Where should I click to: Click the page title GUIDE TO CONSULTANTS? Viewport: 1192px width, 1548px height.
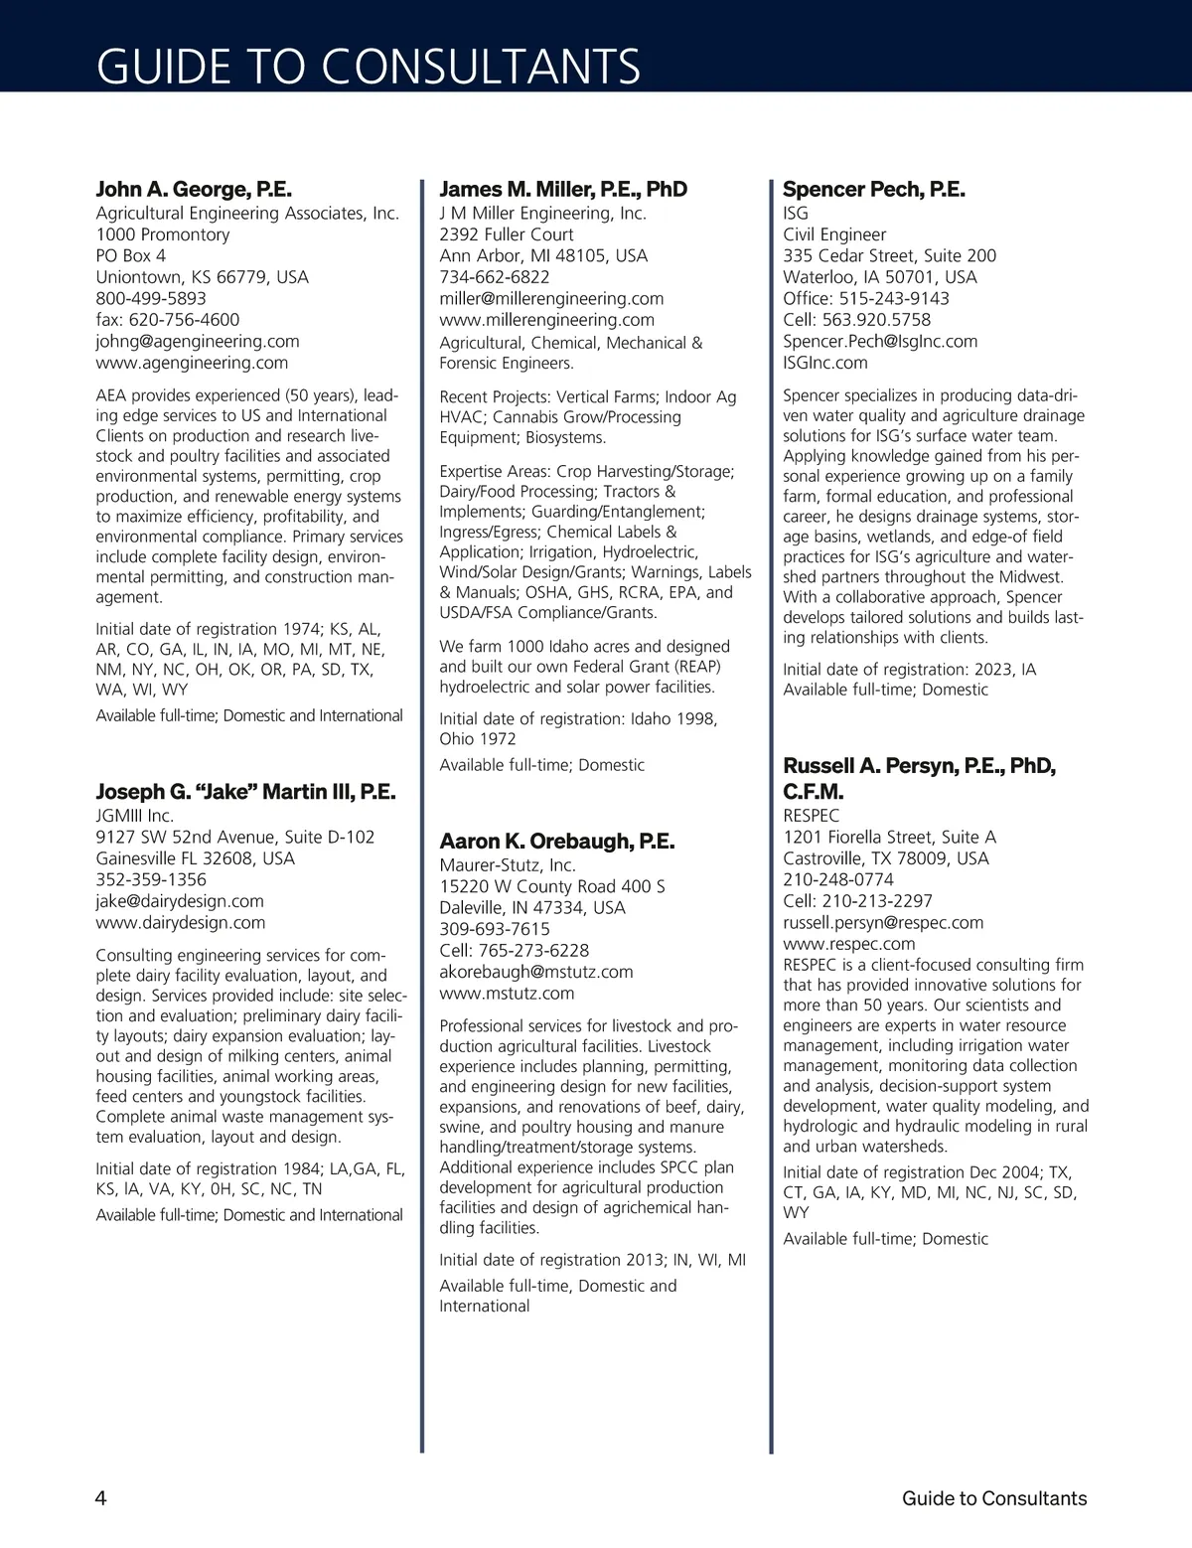(369, 67)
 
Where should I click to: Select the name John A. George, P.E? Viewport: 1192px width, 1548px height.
(194, 189)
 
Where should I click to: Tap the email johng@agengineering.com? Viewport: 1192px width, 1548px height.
(198, 341)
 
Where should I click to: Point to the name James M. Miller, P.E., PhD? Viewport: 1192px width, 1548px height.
(563, 189)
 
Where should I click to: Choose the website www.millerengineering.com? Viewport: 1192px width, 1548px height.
(546, 320)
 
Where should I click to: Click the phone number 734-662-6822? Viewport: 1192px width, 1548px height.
(494, 277)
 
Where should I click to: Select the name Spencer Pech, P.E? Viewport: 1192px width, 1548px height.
(874, 189)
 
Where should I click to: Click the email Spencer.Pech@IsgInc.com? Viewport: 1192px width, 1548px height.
(880, 341)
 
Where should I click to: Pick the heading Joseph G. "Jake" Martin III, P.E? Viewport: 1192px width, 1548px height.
(245, 791)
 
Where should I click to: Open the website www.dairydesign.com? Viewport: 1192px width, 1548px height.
(181, 922)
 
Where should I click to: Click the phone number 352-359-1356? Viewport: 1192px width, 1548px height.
(151, 879)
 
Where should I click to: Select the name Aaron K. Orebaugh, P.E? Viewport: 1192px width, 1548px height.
(557, 841)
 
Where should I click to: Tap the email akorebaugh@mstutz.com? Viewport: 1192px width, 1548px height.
(536, 972)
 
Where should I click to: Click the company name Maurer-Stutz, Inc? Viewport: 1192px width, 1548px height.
(508, 865)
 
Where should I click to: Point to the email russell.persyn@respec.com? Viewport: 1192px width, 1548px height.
(883, 922)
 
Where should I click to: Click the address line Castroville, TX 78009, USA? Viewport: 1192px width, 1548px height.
(886, 858)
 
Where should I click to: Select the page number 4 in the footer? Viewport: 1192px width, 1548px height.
(101, 1498)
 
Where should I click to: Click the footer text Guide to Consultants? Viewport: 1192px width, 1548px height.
(994, 1498)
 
